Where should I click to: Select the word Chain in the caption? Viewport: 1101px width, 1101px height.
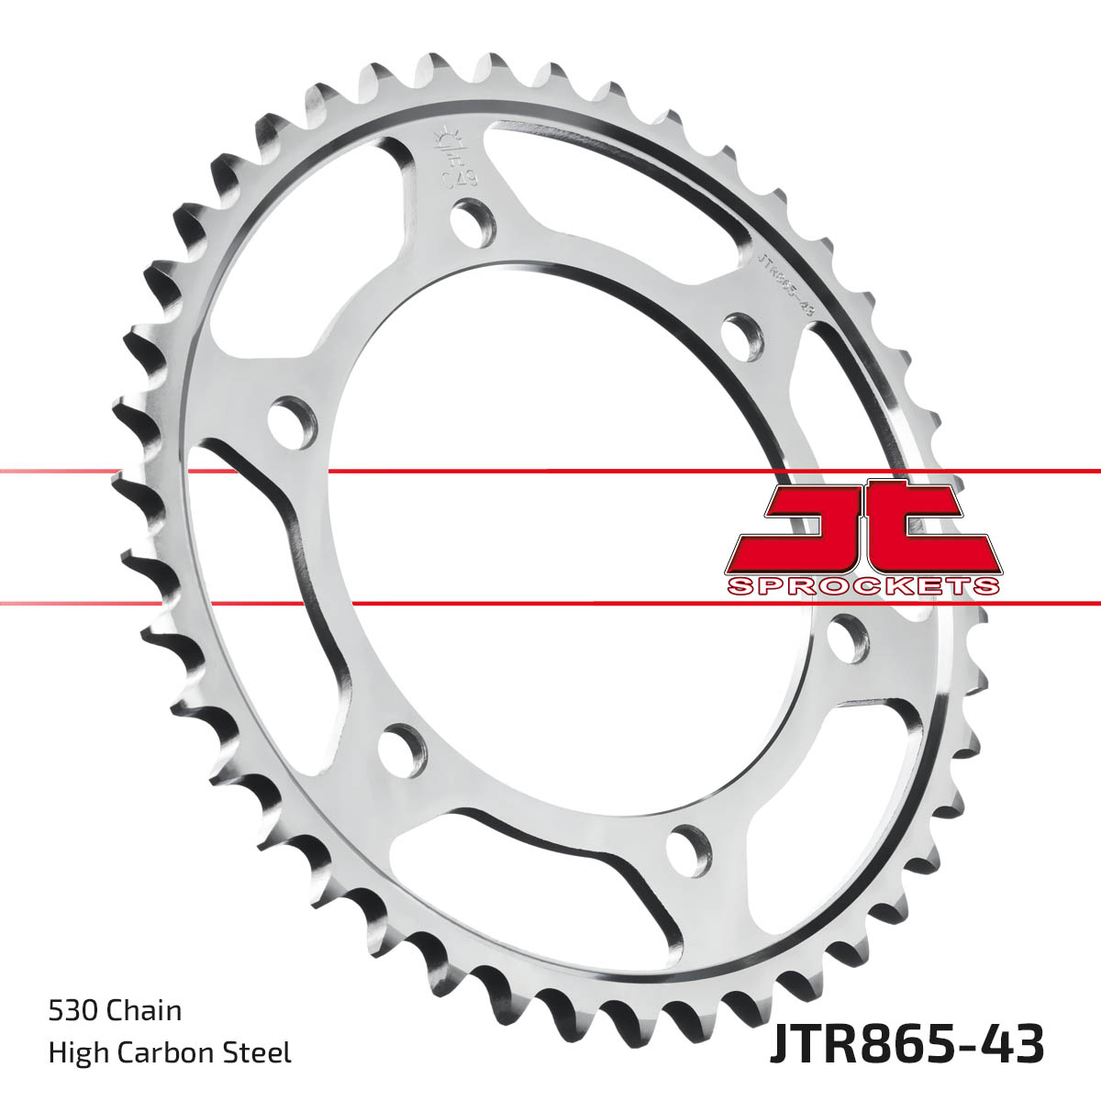(x=144, y=1010)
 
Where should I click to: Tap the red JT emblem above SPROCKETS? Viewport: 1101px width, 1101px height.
(x=862, y=528)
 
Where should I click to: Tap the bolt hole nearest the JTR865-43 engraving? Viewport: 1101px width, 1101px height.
(x=742, y=336)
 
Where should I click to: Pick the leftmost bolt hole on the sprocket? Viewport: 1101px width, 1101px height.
(x=292, y=422)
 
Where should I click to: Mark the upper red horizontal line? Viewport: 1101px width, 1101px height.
(x=550, y=471)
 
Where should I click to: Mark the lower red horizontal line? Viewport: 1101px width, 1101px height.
(x=550, y=603)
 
